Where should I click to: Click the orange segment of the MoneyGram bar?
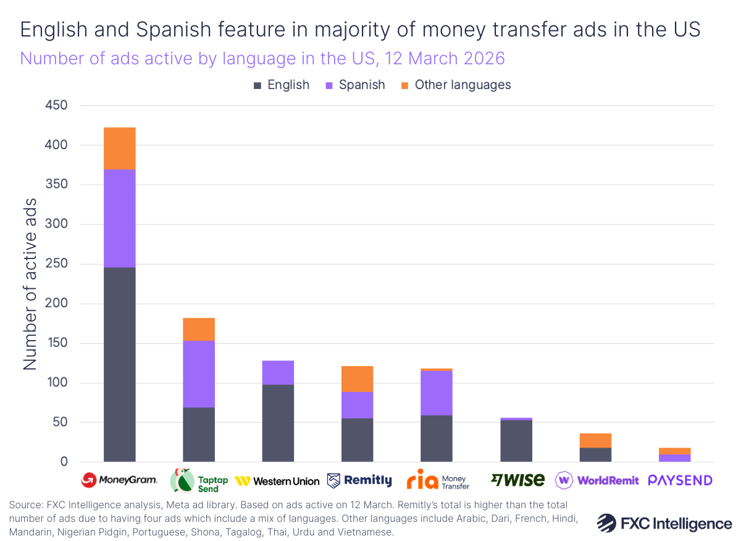click(119, 148)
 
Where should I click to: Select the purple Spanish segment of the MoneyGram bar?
click(119, 218)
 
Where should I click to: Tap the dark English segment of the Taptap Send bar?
click(198, 435)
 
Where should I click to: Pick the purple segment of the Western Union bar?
click(278, 373)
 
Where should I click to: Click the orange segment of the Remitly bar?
click(357, 379)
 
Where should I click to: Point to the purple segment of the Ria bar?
click(437, 393)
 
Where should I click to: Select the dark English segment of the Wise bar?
click(516, 441)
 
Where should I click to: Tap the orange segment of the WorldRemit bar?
click(595, 440)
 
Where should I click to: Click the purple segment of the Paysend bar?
click(674, 458)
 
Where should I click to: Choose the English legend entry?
click(282, 85)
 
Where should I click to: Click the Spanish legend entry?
click(355, 85)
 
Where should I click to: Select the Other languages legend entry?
click(456, 85)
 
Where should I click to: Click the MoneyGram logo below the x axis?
click(119, 480)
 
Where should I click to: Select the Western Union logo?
click(277, 481)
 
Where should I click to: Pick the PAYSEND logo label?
click(680, 480)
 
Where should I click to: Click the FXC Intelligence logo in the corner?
click(664, 523)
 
